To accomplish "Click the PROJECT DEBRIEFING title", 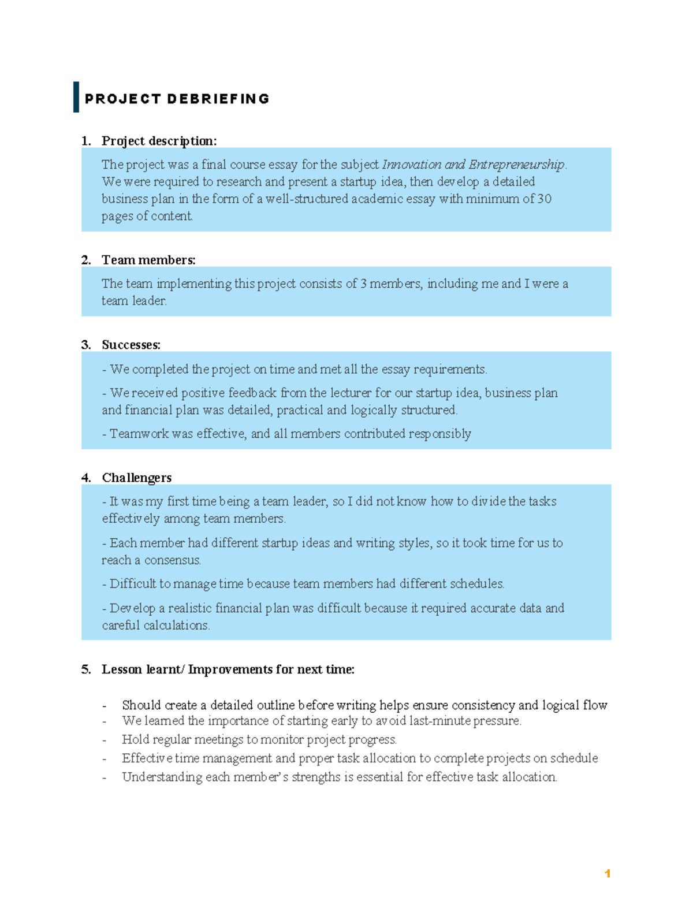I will [177, 99].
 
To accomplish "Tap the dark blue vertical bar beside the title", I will [76, 97].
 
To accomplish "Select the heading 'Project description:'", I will [159, 141].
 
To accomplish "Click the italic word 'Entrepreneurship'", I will [516, 165].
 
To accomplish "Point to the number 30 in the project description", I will [544, 199].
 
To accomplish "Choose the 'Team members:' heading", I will [148, 260].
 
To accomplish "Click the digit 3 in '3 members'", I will [363, 284].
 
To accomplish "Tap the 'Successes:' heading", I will [131, 345].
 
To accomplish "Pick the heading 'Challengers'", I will [137, 478].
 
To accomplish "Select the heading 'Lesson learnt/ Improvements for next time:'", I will [228, 669].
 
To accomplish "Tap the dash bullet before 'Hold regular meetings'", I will [105, 740].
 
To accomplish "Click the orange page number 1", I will [607, 874].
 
